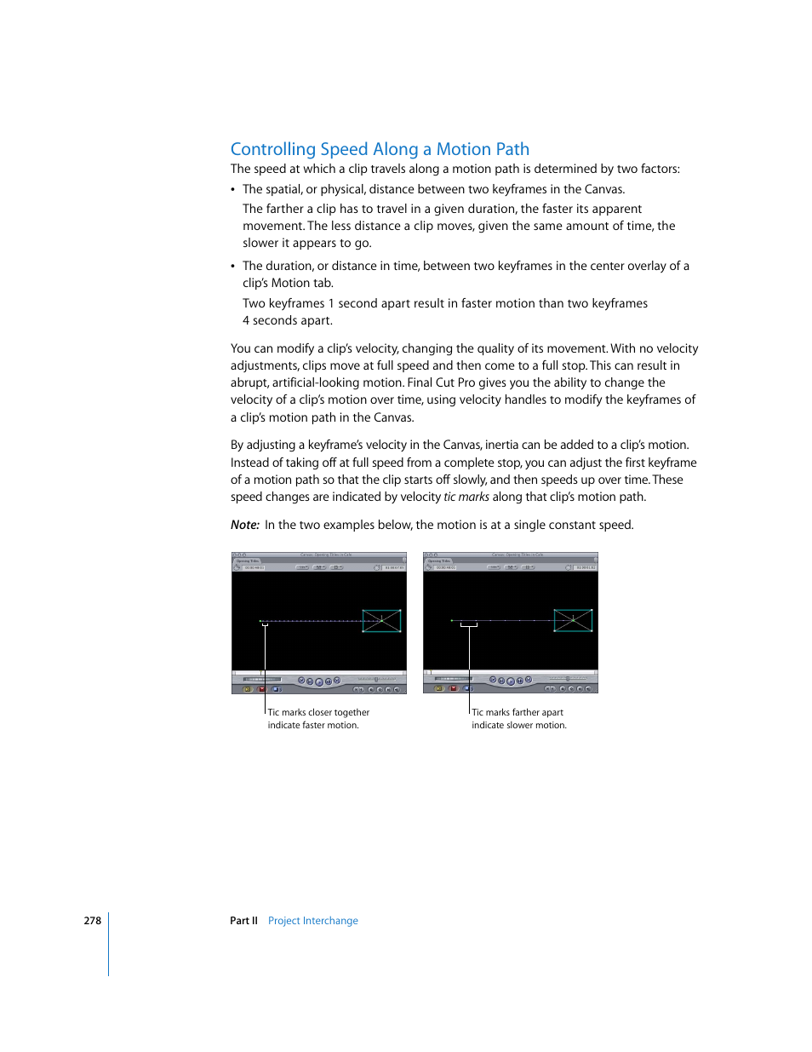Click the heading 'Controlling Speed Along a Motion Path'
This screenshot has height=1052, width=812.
380,149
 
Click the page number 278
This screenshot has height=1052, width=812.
92,921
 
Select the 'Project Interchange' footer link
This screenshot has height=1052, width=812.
312,921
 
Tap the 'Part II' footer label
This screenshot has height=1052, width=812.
243,921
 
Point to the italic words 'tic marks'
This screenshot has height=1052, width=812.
466,497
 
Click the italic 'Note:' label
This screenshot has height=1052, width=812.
244,525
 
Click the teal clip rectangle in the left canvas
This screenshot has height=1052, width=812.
381,621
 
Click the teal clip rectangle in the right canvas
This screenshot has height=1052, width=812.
573,621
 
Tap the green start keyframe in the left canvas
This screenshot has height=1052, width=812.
260,621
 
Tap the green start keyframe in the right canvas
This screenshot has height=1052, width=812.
452,621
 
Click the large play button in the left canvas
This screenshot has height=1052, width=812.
319,681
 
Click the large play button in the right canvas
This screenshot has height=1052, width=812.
511,681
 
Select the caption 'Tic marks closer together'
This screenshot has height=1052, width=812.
318,712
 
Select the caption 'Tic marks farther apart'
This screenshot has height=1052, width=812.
518,712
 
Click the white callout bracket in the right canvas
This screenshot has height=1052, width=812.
469,626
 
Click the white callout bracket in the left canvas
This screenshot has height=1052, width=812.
265,626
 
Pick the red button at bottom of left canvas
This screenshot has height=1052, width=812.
262,688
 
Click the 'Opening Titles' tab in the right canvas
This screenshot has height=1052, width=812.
439,561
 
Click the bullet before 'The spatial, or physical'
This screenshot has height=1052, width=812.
233,190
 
